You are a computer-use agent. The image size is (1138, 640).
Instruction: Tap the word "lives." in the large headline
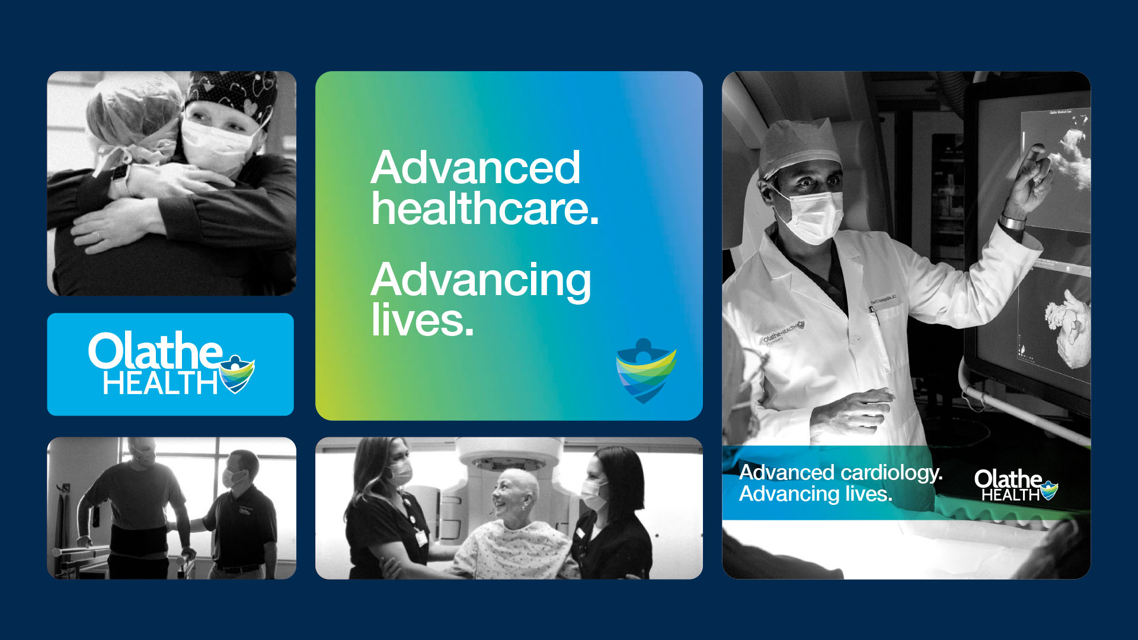pos(423,321)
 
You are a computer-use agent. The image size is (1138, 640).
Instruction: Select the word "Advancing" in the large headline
pos(481,280)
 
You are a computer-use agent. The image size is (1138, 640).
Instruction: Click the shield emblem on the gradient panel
pos(645,371)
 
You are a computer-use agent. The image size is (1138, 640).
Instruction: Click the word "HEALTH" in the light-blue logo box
pos(160,383)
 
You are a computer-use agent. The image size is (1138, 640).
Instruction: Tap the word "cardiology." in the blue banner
pos(891,472)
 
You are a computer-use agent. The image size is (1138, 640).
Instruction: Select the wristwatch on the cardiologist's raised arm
pos(1011,222)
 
